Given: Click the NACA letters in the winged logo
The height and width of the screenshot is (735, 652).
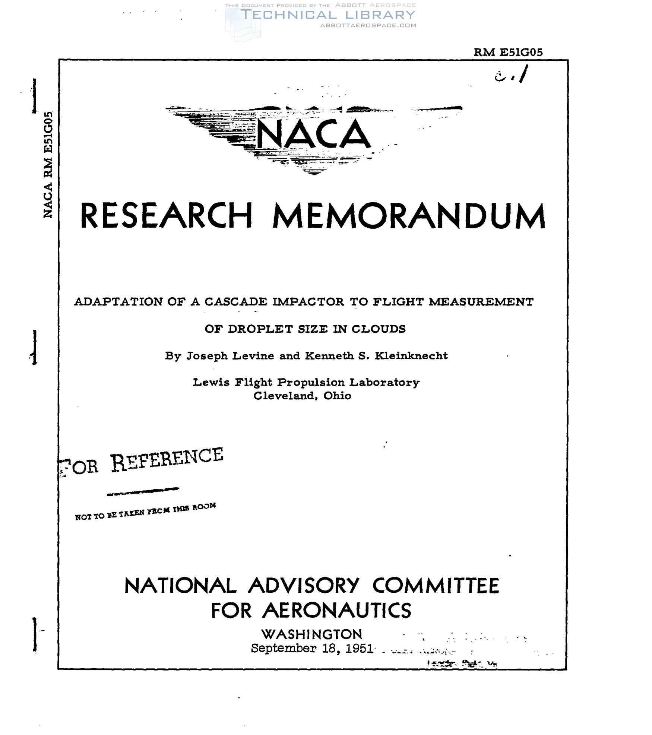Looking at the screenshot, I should point(314,134).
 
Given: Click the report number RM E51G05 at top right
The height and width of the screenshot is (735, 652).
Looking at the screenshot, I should point(508,53).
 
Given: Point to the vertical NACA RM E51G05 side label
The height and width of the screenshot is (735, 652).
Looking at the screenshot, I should point(48,164).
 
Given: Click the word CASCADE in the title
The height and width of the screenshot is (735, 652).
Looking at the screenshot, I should point(235,301).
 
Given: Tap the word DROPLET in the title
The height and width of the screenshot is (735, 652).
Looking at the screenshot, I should point(260,329).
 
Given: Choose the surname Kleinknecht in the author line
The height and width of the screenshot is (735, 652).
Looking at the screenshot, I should point(411,356).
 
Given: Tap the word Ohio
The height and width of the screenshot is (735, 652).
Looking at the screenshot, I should point(337,396).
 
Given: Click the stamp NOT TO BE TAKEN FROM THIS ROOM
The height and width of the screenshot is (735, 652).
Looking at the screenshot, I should point(145,511).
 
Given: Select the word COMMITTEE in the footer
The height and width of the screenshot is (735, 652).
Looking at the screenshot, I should point(436,586).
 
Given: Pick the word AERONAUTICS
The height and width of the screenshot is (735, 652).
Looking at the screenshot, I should point(337,611).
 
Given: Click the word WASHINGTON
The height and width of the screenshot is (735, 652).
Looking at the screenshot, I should point(311,634).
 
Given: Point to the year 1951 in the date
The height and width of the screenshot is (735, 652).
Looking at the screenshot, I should point(359,649).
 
